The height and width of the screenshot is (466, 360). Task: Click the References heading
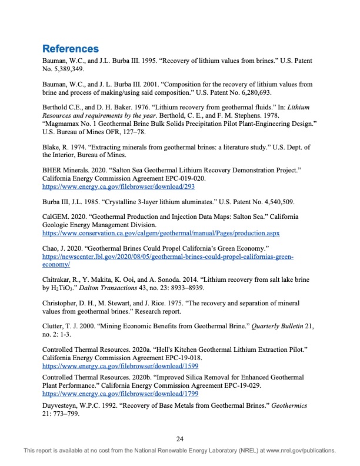[x=71, y=48]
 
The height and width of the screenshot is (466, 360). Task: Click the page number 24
[x=181, y=438]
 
